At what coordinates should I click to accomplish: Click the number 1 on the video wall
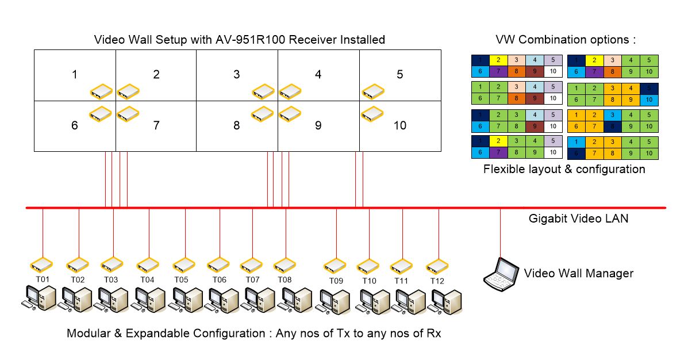(74, 74)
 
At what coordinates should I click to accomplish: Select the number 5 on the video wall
(400, 74)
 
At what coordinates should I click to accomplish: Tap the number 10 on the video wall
(400, 125)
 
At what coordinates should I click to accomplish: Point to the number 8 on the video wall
(236, 125)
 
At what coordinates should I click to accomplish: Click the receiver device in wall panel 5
(374, 91)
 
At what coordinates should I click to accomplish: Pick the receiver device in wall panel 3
(264, 91)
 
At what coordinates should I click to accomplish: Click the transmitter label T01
(43, 279)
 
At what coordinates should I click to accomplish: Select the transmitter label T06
(219, 279)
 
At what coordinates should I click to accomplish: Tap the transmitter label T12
(438, 281)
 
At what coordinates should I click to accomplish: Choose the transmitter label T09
(336, 281)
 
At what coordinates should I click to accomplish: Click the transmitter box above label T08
(285, 265)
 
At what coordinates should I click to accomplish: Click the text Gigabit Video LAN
(578, 219)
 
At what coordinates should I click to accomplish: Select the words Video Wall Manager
(578, 273)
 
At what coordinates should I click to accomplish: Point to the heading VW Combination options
(566, 40)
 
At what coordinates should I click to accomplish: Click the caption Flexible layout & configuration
(564, 169)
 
